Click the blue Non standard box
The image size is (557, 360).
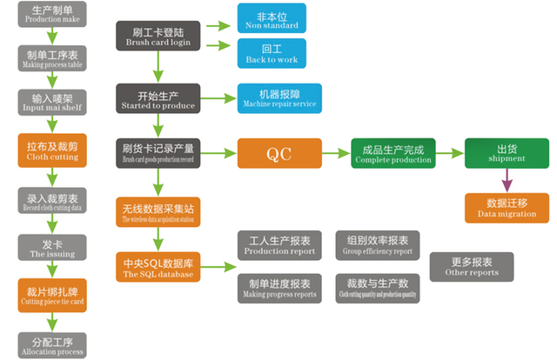tap(267, 18)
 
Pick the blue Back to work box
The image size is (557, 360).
tap(267, 53)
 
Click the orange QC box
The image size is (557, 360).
tap(278, 153)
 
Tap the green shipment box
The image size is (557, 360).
tap(506, 153)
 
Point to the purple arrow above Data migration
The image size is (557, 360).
tap(506, 180)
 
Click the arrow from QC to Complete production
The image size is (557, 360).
tap(335, 153)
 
